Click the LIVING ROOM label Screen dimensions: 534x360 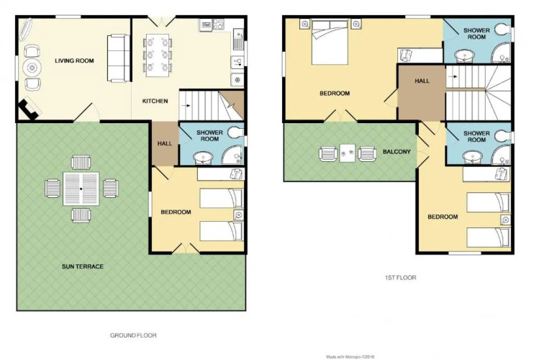point(74,61)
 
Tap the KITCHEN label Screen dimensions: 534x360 point(155,101)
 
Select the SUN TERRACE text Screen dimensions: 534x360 point(83,266)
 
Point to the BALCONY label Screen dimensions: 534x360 point(397,152)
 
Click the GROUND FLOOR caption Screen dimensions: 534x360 point(133,336)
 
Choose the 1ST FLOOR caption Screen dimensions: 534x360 point(400,278)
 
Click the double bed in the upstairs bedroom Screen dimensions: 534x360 point(330,42)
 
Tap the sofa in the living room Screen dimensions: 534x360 point(119,58)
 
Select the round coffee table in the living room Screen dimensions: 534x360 point(32,68)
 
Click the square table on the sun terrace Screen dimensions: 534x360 point(81,189)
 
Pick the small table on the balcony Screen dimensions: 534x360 point(348,153)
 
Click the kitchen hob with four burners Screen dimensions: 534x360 point(218,24)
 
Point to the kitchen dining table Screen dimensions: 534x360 point(158,55)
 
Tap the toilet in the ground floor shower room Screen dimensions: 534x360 point(236,132)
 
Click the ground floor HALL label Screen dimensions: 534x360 point(165,144)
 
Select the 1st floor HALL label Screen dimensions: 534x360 point(422,81)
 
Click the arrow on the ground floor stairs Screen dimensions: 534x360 point(186,106)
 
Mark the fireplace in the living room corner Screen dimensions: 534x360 point(30,109)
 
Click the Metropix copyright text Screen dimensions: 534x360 point(350,357)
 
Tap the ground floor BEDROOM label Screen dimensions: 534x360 point(176,212)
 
